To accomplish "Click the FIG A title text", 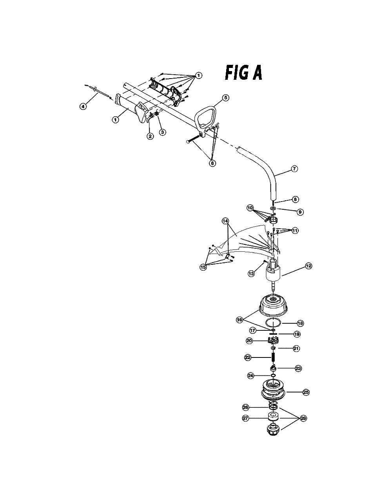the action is pos(244,73).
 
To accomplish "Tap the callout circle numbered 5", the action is pos(225,97).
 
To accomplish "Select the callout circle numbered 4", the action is pos(83,106).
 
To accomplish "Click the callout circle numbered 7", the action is pos(294,169).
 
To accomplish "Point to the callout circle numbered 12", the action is pos(309,266).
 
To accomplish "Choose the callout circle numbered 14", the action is pos(225,221).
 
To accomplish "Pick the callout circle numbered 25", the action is pos(306,392).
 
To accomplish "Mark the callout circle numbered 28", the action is pos(303,418).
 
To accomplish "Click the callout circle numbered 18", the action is pos(300,323).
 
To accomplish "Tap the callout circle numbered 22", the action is pos(247,357).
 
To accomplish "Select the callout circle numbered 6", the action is pos(212,163).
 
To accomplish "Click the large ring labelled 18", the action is pos(273,323).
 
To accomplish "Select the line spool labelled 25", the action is pos(273,392).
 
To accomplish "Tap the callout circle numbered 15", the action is pos(203,267).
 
